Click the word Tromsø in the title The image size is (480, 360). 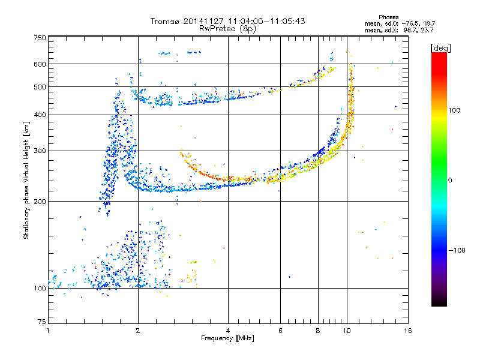click(x=165, y=21)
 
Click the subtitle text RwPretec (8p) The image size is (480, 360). click(x=227, y=29)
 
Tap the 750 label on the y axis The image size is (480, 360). click(x=40, y=38)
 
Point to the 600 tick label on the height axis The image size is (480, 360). click(x=40, y=64)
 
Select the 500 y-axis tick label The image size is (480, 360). click(x=40, y=87)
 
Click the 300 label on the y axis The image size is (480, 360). click(x=40, y=151)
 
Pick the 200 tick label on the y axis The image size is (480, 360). click(x=40, y=202)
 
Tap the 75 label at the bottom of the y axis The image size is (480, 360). click(x=42, y=322)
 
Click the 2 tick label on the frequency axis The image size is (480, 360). click(x=138, y=331)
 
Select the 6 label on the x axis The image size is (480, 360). click(x=280, y=331)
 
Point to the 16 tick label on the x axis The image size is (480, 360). click(x=408, y=331)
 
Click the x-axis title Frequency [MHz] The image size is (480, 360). click(x=227, y=338)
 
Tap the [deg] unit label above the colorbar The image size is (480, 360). click(x=440, y=48)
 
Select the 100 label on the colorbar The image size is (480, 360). click(x=454, y=110)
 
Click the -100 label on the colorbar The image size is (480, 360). click(x=457, y=250)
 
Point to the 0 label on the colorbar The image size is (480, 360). click(x=450, y=181)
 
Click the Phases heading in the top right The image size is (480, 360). click(x=388, y=17)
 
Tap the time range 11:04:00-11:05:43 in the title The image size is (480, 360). click(x=266, y=21)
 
